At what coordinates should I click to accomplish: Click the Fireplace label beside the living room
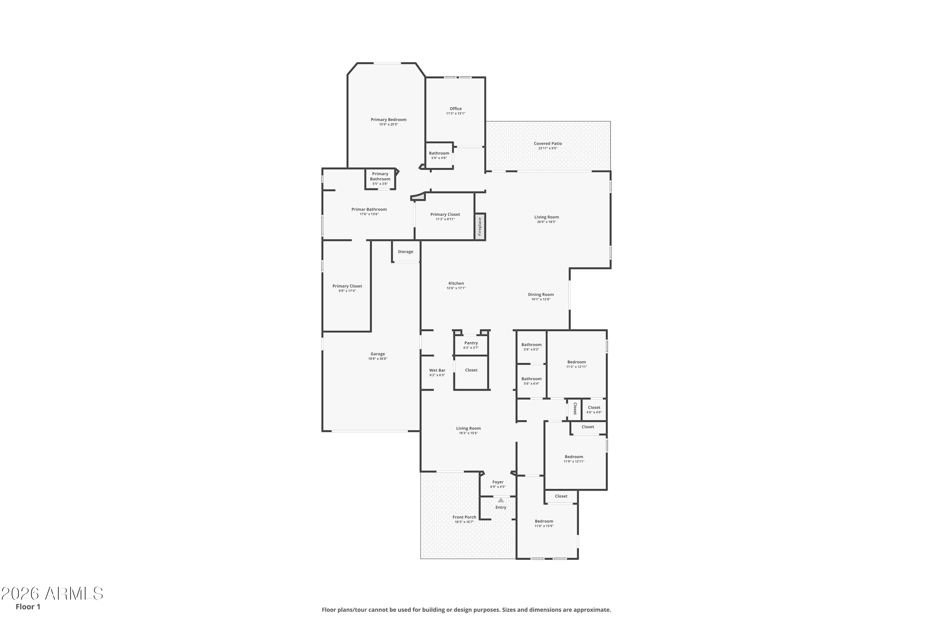480,226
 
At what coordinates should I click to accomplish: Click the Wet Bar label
437,370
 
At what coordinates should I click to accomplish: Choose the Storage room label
406,252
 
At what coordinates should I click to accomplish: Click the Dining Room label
541,295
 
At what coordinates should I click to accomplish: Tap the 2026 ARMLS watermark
52,593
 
